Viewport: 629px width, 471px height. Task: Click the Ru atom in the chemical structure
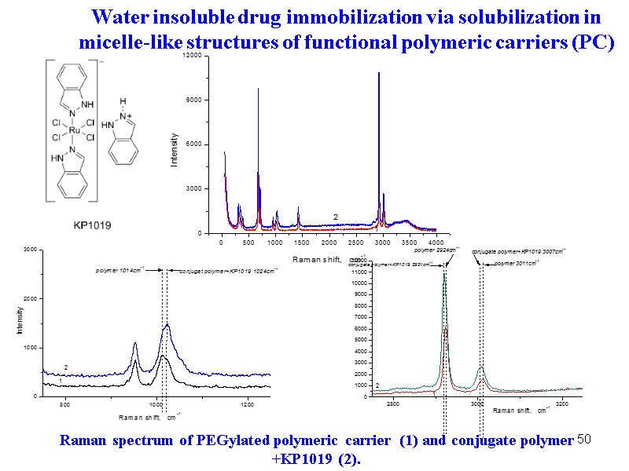tap(72, 130)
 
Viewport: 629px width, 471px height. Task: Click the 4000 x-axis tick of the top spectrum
tap(436, 243)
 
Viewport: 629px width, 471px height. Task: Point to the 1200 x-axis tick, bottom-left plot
tap(248, 404)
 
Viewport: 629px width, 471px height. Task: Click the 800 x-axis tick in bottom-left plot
tap(66, 404)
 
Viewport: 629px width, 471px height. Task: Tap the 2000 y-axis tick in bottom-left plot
tap(29, 299)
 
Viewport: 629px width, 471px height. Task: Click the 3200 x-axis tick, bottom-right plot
tap(561, 403)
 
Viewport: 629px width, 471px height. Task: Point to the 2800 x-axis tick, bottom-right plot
tap(392, 403)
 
